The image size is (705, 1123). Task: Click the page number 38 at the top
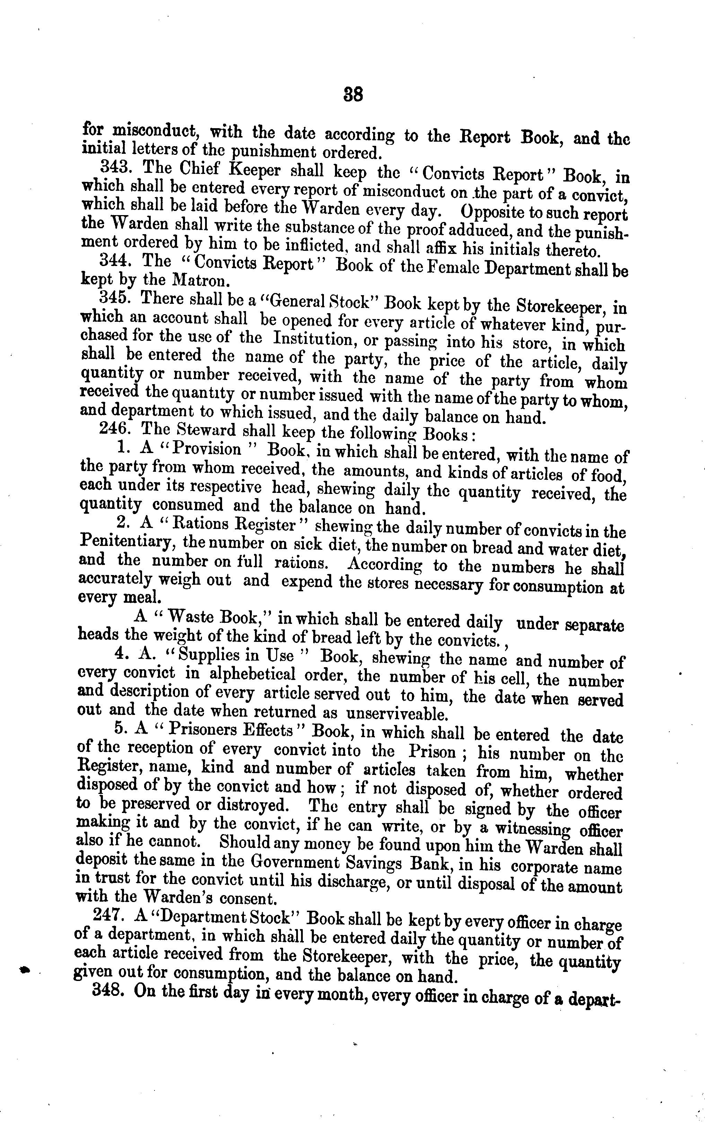pyautogui.click(x=353, y=95)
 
